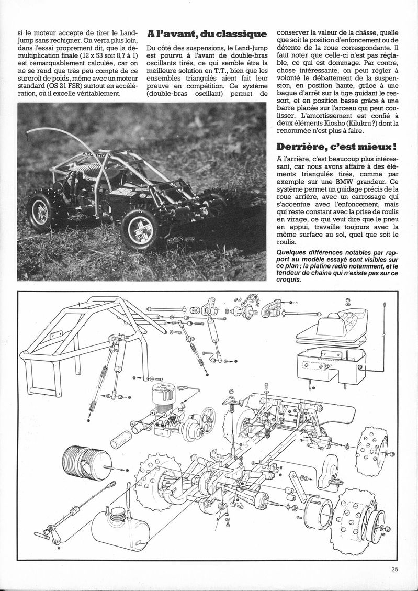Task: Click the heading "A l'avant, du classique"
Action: pyautogui.click(x=207, y=34)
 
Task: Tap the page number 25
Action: pyautogui.click(x=394, y=571)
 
